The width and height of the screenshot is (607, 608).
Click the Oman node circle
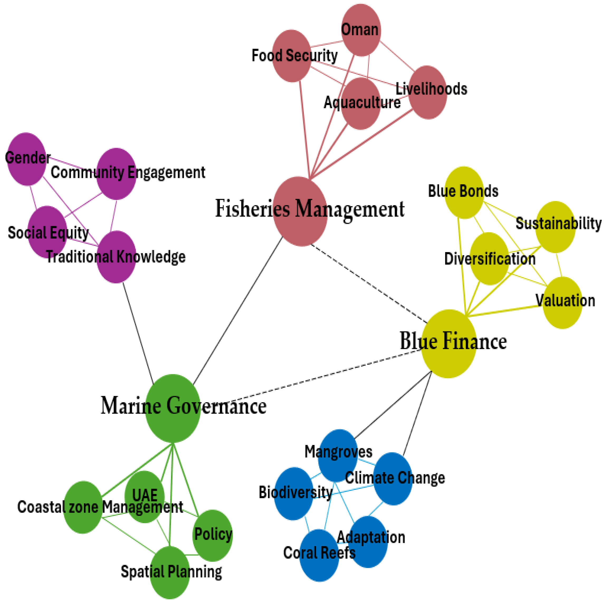361,30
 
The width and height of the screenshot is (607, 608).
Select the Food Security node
292,56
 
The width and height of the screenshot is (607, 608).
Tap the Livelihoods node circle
428,93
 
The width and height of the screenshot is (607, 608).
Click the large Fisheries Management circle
300,211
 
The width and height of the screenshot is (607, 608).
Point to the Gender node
26,159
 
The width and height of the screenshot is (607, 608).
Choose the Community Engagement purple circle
116,174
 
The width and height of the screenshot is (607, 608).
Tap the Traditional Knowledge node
116,257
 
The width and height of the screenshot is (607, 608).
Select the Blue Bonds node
464,193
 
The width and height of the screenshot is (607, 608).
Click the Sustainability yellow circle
555,227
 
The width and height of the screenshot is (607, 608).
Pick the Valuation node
562,303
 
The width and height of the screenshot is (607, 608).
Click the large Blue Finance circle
448,344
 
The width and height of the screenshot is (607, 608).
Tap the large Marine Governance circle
173,408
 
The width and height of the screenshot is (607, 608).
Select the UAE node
145,497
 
